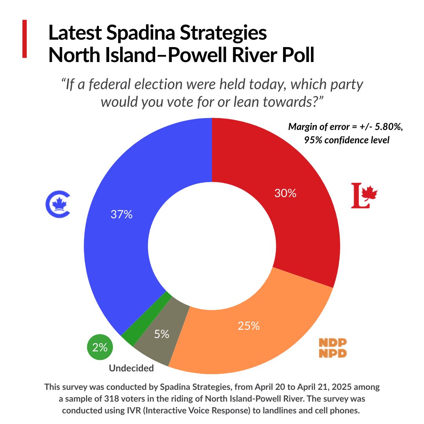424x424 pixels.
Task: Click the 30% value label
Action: click(285, 193)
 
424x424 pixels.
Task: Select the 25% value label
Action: click(249, 326)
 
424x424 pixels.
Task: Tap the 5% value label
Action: click(161, 334)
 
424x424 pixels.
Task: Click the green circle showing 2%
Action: click(100, 347)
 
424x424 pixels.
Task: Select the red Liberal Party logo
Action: click(364, 195)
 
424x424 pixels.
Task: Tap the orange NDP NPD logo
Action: click(333, 347)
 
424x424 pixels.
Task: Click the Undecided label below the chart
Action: click(131, 368)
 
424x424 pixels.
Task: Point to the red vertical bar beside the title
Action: click(25, 39)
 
